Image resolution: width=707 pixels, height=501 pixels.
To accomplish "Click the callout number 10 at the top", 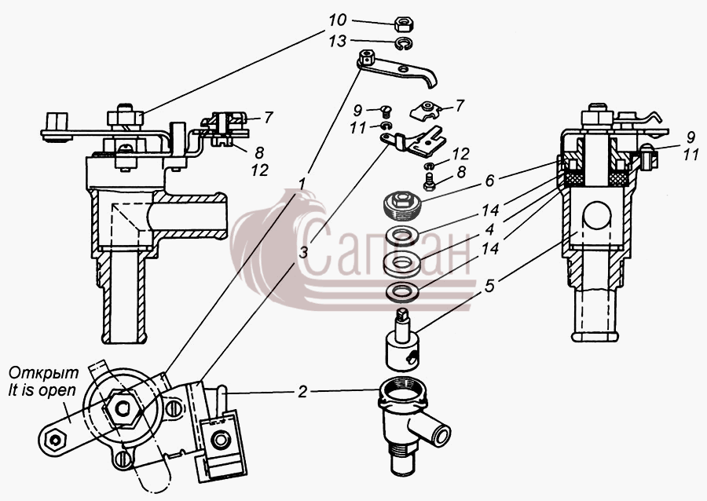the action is (x=337, y=20).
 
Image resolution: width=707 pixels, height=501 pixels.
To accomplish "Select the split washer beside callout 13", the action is (x=405, y=44).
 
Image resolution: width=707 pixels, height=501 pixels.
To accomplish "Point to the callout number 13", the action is (x=337, y=41).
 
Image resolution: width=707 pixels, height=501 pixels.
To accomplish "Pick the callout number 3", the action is (x=304, y=252).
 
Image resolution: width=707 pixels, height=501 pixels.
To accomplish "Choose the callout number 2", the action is (x=302, y=392).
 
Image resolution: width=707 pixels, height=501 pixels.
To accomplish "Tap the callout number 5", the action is (x=490, y=286).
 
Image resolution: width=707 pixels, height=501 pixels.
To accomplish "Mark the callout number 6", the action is (x=490, y=180).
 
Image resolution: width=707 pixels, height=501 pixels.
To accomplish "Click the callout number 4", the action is (x=489, y=229).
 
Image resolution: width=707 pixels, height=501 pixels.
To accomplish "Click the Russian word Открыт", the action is (x=44, y=372).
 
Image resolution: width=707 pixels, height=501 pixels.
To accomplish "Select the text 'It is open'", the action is (x=42, y=389).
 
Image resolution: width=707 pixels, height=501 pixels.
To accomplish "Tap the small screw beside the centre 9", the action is (x=386, y=109).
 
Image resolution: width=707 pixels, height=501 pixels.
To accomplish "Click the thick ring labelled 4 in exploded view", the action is (x=403, y=261).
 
